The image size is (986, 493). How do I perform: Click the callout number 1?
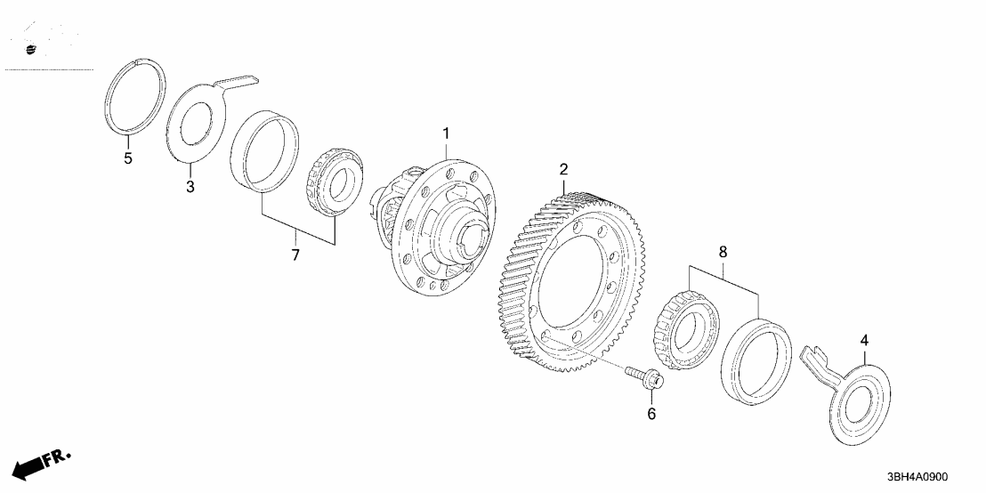point(446,134)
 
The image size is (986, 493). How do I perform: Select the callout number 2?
point(562,169)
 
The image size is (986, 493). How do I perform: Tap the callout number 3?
point(190,187)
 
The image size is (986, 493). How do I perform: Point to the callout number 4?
point(861,340)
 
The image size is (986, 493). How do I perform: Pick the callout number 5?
point(128,160)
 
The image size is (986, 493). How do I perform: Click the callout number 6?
point(651,414)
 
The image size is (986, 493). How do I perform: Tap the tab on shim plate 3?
point(238,83)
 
